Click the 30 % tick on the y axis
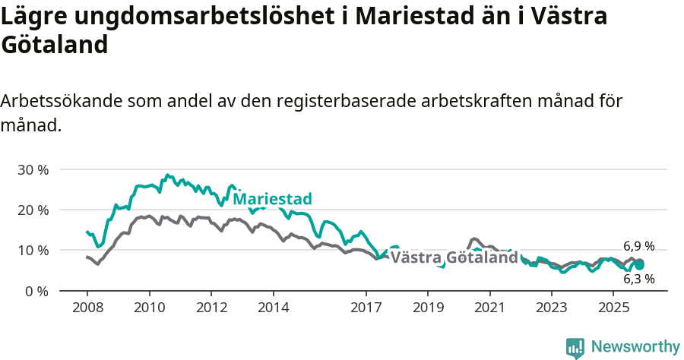coord(32,169)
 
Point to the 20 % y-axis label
coord(32,210)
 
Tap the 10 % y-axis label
coord(32,250)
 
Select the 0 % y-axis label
coord(36,291)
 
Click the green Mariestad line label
coord(272,199)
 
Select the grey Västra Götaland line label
coord(454,257)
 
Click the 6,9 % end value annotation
coord(638,246)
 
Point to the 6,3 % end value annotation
coord(638,279)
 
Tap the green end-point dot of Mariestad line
coord(640,265)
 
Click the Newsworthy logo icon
coord(575,347)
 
